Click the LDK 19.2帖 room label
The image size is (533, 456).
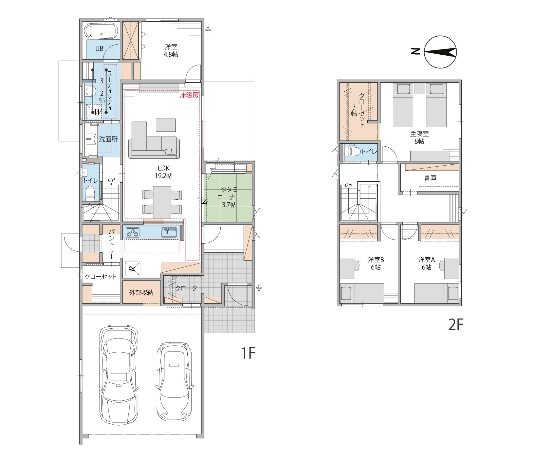[x=164, y=172]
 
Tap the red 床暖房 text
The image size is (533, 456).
[x=189, y=95]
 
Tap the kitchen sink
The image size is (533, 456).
[x=168, y=232]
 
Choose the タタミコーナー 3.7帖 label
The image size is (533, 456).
[x=229, y=197]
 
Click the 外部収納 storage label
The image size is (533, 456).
[x=141, y=293]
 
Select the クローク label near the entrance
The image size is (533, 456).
[x=186, y=288]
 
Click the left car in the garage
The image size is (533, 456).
[x=119, y=375]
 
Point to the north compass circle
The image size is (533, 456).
[x=440, y=52]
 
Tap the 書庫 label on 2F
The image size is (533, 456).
[x=430, y=178]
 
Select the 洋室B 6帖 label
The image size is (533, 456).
[x=376, y=263]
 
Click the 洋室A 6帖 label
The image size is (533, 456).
[x=426, y=263]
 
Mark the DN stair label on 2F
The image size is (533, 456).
[x=348, y=185]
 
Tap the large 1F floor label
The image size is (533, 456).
[x=248, y=353]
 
